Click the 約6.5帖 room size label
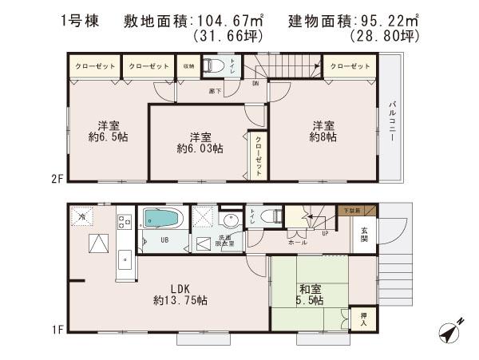(109, 136)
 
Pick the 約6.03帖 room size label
(200, 148)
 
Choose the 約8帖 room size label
(323, 136)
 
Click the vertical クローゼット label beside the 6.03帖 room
(259, 156)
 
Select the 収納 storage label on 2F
(188, 67)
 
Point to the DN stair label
(255, 82)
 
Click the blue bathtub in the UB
(164, 218)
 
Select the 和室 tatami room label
(311, 288)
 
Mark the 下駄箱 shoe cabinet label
(351, 210)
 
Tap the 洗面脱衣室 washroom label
(224, 241)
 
